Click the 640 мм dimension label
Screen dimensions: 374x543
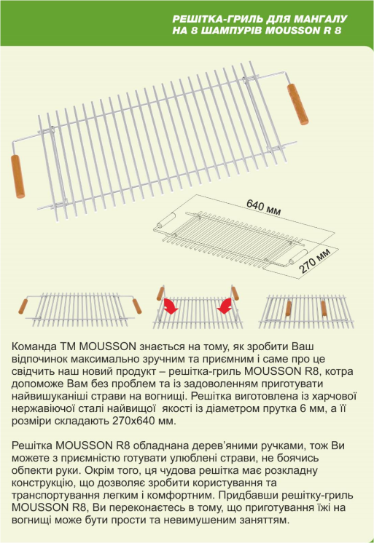pos(263,207)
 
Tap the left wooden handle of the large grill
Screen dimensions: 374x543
pos(17,176)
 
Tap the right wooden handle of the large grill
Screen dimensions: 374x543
pos(297,104)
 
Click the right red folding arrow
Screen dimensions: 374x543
pos(224,306)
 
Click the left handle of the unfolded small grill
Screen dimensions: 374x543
pos(23,306)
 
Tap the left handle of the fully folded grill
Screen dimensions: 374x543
pos(288,308)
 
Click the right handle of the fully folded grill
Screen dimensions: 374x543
pos(324,308)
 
